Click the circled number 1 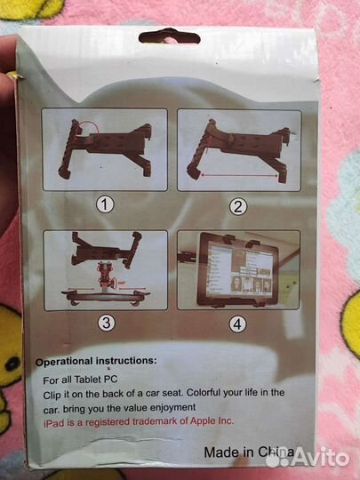pyautogui.click(x=105, y=204)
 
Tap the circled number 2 pyautogui.click(x=238, y=206)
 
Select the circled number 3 pyautogui.click(x=107, y=323)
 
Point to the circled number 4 pyautogui.click(x=237, y=324)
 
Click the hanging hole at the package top pyautogui.click(x=169, y=37)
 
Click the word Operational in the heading pyautogui.click(x=64, y=362)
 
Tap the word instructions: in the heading pyautogui.click(x=126, y=361)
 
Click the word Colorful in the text pyautogui.click(x=204, y=393)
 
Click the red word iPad pyautogui.click(x=54, y=423)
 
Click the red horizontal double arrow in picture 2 pyautogui.click(x=239, y=175)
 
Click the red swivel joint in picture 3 pyautogui.click(x=107, y=276)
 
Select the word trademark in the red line pyautogui.click(x=156, y=422)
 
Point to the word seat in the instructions pyautogui.click(x=172, y=393)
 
